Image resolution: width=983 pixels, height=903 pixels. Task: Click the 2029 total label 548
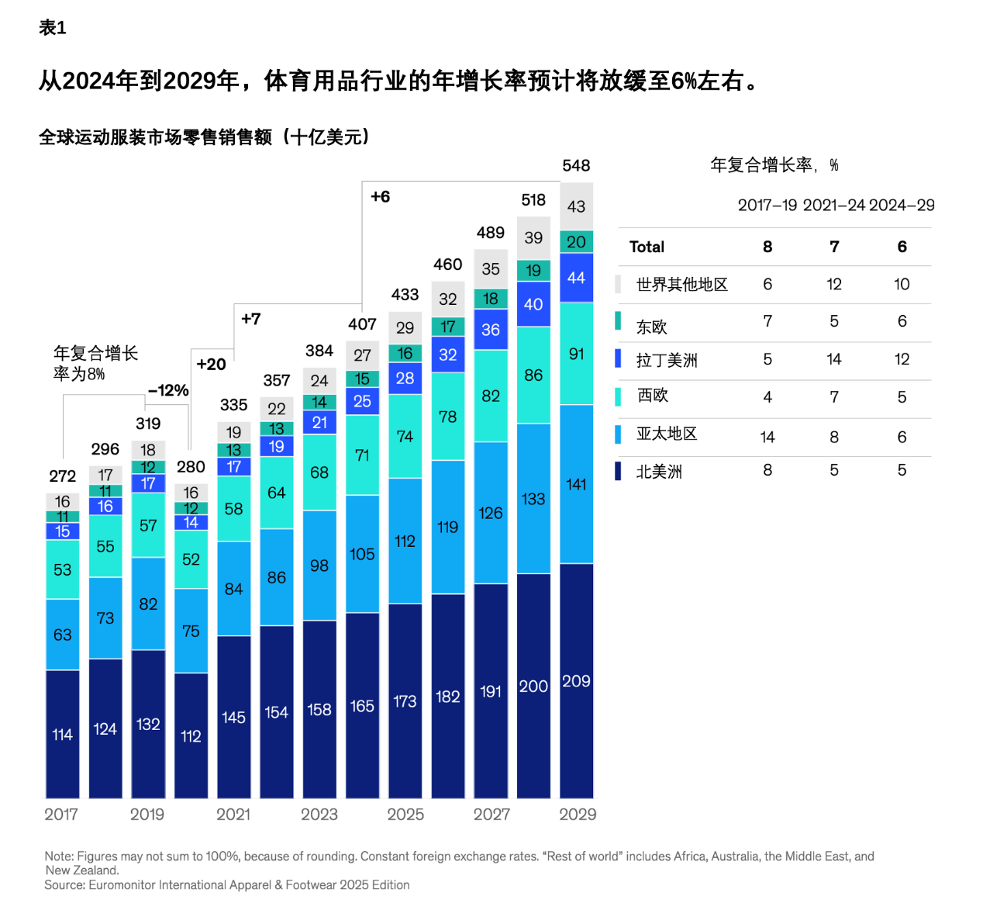(576, 165)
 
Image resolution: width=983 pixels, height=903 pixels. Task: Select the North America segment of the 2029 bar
(576, 680)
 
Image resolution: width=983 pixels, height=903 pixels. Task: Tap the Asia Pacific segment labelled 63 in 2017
(63, 635)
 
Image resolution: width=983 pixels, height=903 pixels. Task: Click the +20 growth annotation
(211, 364)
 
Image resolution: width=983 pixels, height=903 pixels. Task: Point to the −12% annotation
(168, 390)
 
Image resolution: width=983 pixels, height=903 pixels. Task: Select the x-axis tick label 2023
(319, 815)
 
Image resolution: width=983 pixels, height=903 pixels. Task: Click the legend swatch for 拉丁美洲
(618, 358)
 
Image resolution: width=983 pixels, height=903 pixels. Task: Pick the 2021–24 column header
(833, 205)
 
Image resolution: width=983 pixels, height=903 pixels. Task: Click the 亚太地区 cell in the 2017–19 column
(767, 437)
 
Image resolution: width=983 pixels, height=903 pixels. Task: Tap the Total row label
(647, 247)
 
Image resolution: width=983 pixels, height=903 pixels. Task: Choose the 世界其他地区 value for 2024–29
(902, 284)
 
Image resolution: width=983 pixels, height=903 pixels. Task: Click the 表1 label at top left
(53, 28)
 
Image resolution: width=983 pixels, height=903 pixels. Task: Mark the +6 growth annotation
(380, 196)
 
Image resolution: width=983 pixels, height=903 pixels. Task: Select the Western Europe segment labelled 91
(576, 354)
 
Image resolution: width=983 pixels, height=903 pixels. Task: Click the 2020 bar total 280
(191, 467)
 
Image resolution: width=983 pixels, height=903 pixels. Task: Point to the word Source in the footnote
(64, 885)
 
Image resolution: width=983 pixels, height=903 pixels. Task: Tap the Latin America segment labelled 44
(576, 278)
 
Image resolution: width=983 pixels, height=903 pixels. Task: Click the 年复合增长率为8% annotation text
(95, 363)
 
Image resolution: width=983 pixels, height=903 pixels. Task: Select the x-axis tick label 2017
(61, 815)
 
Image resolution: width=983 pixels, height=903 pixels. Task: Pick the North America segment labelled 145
(233, 717)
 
